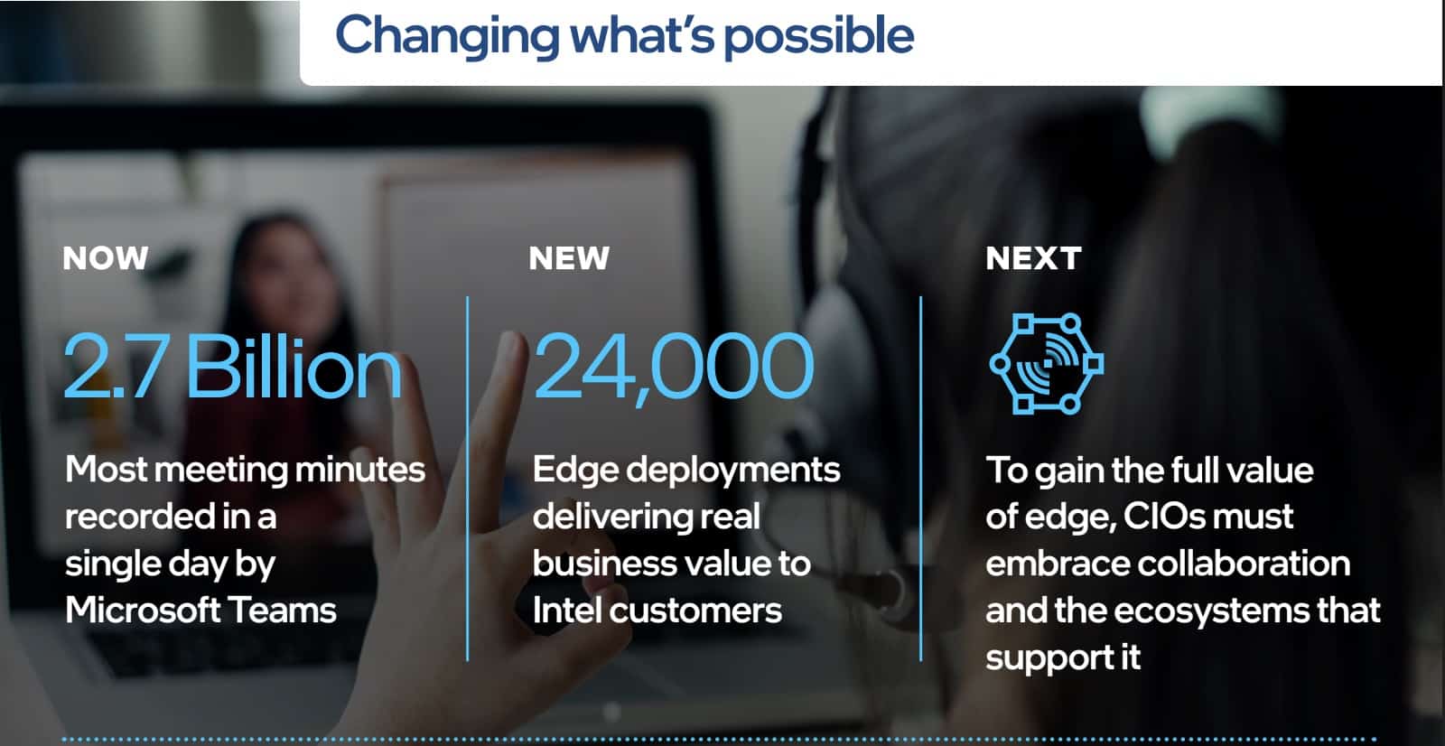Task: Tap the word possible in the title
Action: [x=818, y=37]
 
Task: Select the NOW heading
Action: [x=106, y=258]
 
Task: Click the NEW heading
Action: [x=569, y=258]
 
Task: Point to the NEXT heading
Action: [x=1033, y=258]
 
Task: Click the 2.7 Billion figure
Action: [x=233, y=366]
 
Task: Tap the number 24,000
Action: [x=674, y=367]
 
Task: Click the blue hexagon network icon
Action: [x=1047, y=363]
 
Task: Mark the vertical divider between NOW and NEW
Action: [x=468, y=478]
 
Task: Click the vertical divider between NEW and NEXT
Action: [x=920, y=478]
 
